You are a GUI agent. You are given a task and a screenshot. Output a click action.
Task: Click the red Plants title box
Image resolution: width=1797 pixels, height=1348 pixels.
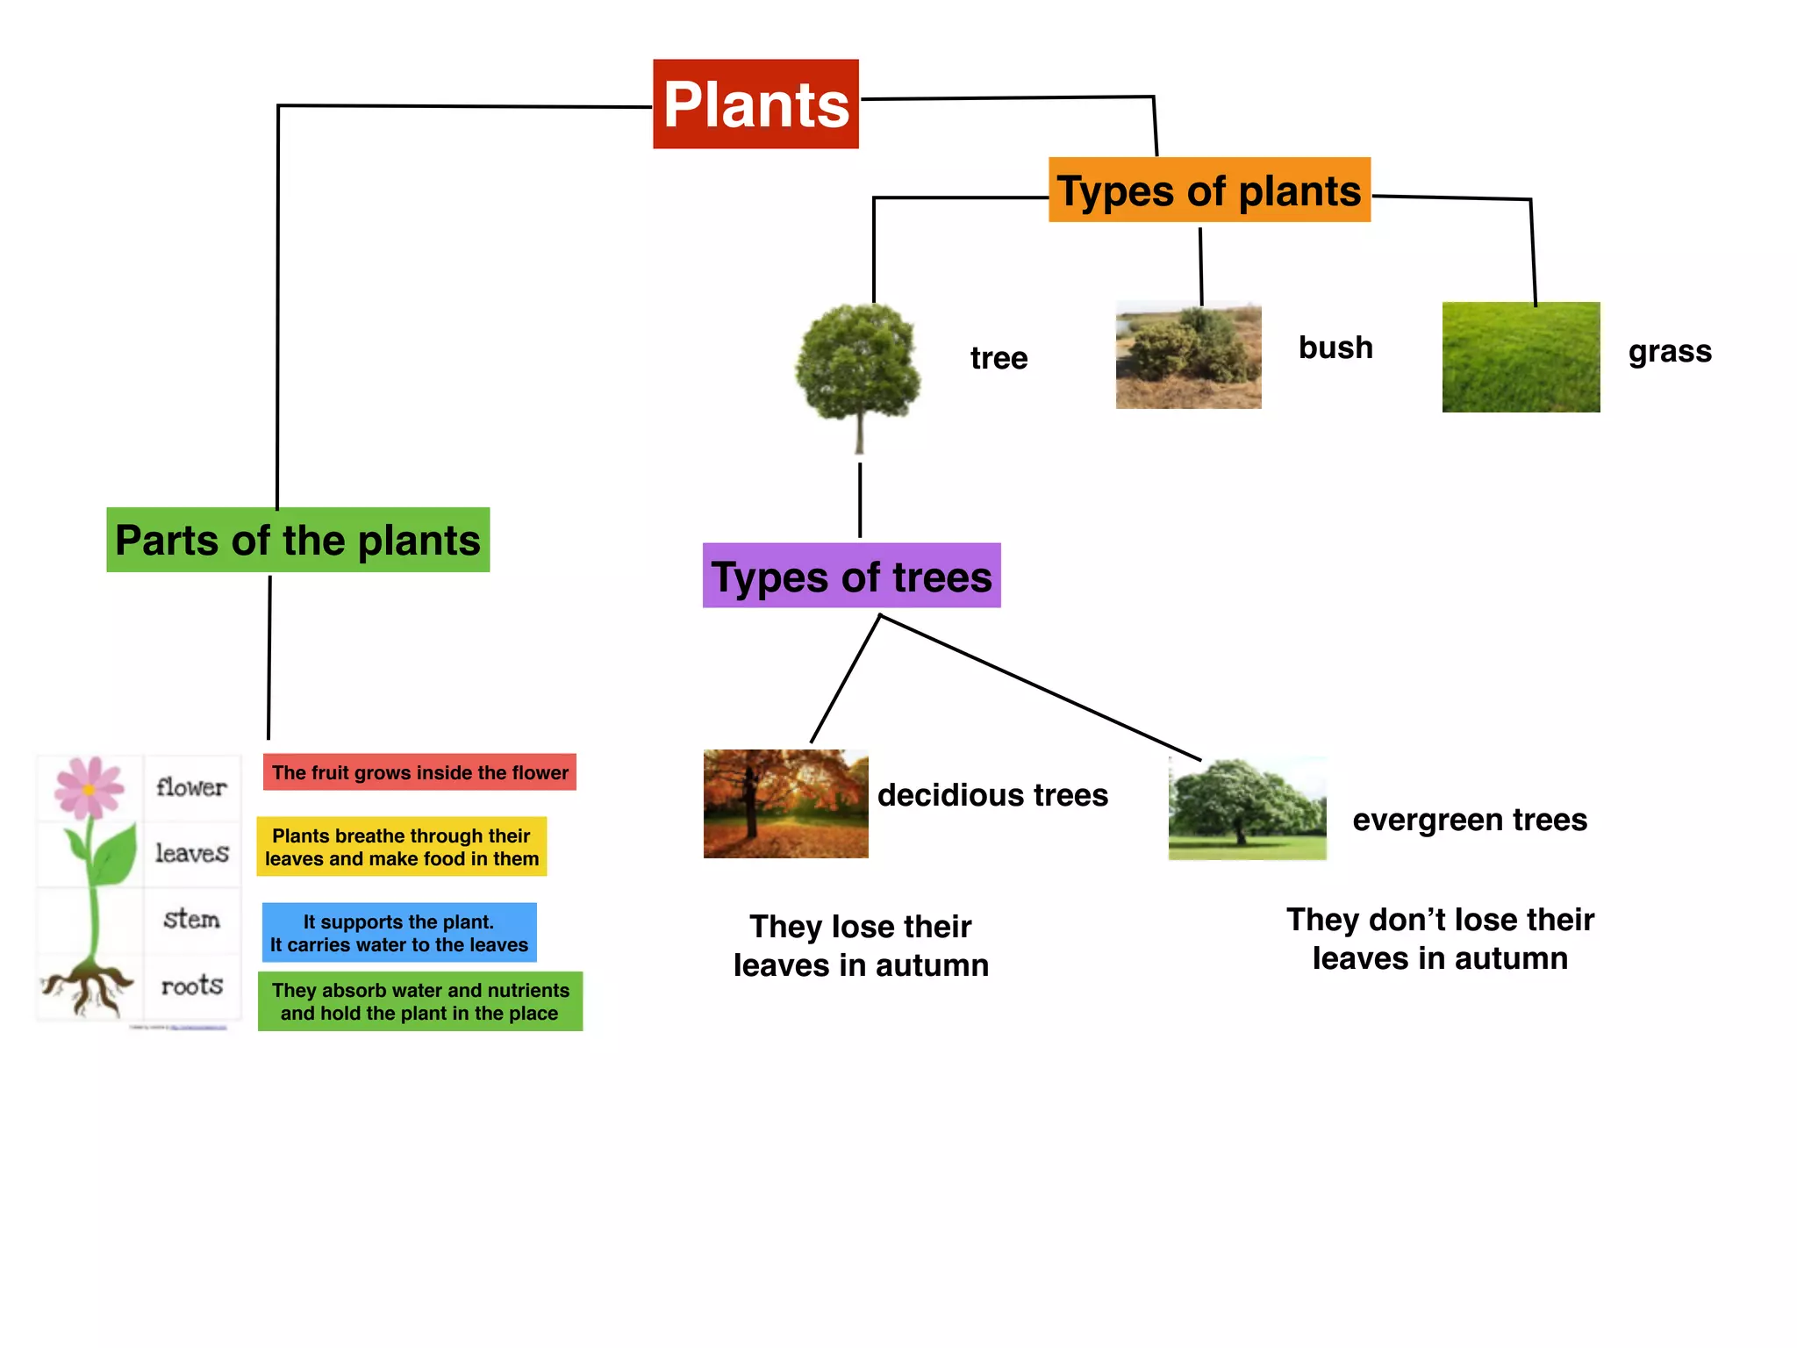coord(755,104)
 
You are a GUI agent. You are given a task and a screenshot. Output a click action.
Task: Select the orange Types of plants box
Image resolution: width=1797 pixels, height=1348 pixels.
coord(1208,190)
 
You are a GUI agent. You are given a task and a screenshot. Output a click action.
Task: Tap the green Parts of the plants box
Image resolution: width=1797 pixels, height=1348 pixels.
coord(297,540)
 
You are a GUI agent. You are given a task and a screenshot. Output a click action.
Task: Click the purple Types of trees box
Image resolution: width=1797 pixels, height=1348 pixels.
coord(851,577)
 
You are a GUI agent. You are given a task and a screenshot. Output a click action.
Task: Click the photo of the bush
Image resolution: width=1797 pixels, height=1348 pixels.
coord(1188,355)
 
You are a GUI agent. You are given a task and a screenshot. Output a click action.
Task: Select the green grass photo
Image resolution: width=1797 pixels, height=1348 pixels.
coord(1521,357)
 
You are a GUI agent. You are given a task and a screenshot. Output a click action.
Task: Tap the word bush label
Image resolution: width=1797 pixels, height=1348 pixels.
coord(1335,348)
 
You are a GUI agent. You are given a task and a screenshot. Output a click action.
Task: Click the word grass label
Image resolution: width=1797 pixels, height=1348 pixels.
coord(1670,351)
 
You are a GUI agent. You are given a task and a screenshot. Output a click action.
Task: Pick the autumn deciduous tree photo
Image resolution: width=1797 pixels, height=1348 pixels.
coord(785,803)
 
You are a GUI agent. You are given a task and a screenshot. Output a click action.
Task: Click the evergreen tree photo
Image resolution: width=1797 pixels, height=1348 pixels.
coord(1247,808)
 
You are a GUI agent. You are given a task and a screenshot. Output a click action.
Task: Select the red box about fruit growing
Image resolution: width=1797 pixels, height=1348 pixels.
coord(419,772)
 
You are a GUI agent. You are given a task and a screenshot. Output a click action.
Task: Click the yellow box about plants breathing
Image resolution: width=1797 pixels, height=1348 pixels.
coord(401,847)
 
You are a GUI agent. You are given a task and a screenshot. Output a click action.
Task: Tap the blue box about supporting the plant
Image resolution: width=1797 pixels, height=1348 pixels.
coord(399,933)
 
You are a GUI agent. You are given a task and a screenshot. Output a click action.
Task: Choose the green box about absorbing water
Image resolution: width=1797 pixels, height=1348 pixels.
coord(419,1001)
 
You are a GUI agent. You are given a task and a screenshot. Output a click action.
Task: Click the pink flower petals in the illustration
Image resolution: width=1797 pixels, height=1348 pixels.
coord(88,786)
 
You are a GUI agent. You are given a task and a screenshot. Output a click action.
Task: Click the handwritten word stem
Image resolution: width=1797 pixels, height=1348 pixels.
coord(191,919)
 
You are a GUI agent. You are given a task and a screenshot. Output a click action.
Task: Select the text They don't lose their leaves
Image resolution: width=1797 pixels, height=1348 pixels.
coord(1440,939)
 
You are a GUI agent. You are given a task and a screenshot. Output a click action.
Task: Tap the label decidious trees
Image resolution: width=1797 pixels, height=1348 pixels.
coord(992,795)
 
